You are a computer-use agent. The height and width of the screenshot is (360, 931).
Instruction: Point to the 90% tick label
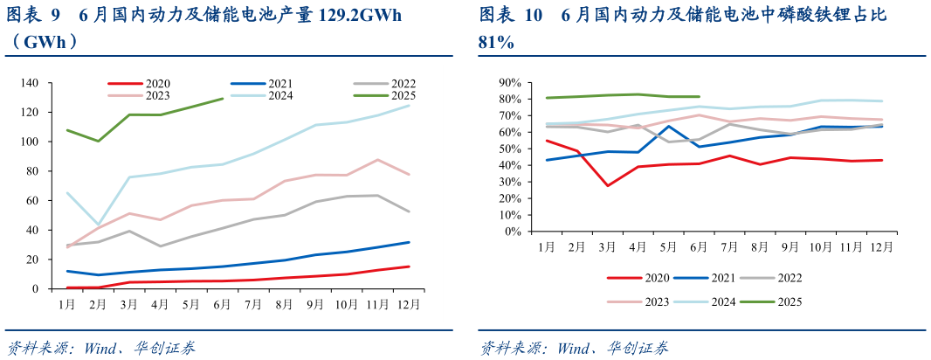click(x=509, y=83)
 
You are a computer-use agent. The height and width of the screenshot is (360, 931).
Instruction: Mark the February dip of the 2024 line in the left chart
click(x=98, y=225)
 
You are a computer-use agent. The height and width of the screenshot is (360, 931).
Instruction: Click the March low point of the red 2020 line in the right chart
click(x=607, y=185)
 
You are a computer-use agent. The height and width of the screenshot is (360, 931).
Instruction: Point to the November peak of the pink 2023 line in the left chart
click(x=376, y=160)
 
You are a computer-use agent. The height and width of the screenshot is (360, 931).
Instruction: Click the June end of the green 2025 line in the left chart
click(x=223, y=99)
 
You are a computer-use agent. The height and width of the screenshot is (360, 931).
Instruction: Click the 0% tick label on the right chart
click(x=512, y=232)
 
